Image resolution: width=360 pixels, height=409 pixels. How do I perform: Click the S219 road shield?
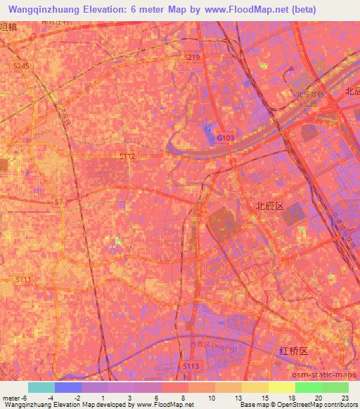192,56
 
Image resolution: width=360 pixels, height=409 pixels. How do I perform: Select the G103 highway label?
225,138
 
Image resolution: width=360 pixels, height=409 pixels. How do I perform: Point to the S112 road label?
127,156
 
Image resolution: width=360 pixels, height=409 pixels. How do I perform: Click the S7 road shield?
58,202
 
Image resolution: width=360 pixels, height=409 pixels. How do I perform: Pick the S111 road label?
23,279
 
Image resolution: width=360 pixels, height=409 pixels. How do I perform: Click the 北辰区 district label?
269,206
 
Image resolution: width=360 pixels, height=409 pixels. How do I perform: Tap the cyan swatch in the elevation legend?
41,387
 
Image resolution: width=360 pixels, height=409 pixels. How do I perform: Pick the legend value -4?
67,397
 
